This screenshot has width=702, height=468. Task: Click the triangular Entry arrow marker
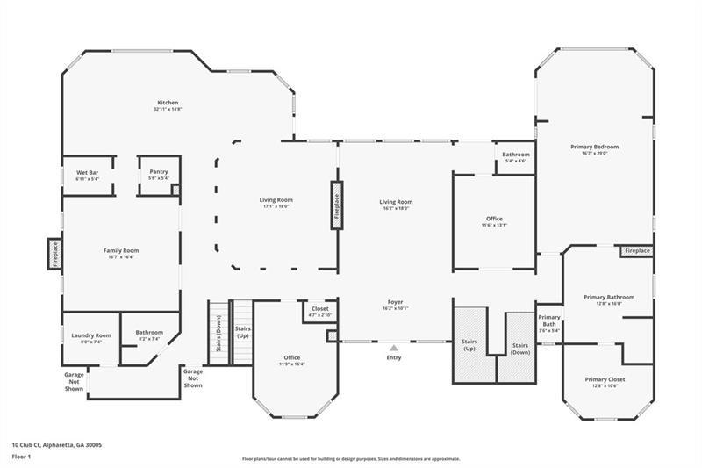click(x=394, y=348)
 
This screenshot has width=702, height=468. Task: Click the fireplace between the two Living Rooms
click(x=336, y=205)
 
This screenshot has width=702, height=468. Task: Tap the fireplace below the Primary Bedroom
click(x=637, y=251)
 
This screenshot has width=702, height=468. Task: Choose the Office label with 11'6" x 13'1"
click(x=494, y=221)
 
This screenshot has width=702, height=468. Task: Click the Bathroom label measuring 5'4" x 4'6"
click(x=515, y=157)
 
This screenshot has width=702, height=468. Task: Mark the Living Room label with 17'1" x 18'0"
click(x=276, y=203)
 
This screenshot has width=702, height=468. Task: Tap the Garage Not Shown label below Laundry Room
click(x=74, y=381)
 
